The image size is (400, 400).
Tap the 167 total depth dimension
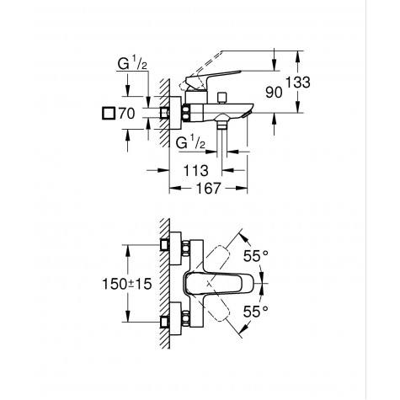pyautogui.click(x=209, y=189)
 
